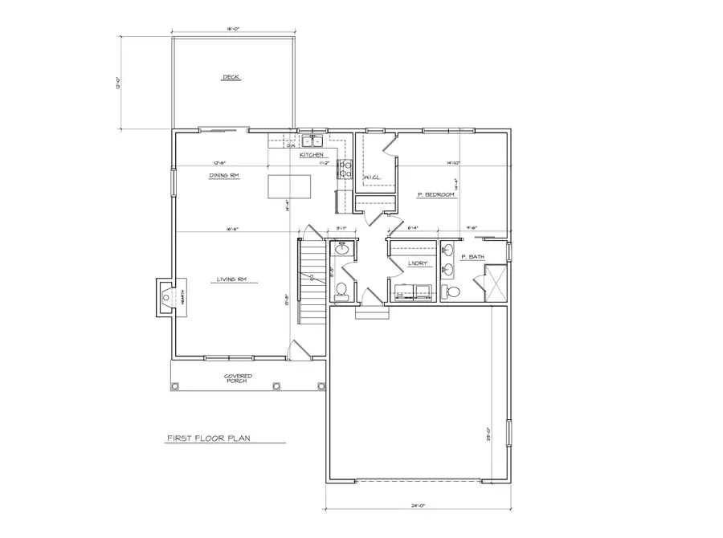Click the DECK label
coord(231,78)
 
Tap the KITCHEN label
coord(312,154)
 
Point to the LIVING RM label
coord(230,279)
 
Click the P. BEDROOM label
coord(436,195)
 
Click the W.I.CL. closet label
coord(372,177)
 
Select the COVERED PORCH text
coord(239,378)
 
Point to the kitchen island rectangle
coord(289,186)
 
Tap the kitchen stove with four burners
coord(345,169)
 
